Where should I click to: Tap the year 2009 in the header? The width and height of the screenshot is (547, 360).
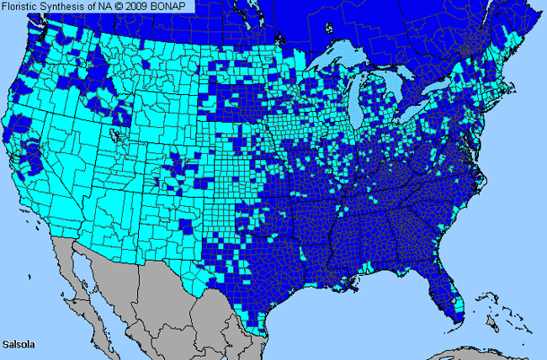[143, 7]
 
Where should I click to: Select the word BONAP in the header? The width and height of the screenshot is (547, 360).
[174, 7]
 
